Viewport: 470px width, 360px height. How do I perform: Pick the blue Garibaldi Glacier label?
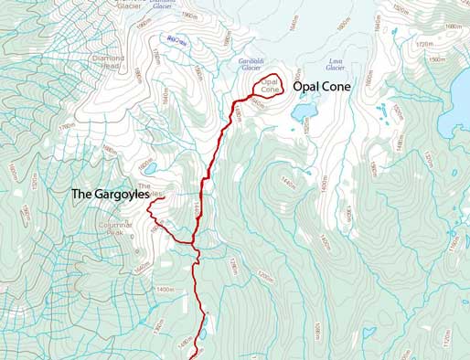pos(251,66)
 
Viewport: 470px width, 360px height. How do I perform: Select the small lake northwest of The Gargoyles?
pos(150,168)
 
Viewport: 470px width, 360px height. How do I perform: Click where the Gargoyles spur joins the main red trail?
pos(194,243)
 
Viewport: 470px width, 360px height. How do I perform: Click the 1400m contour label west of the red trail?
pos(166,290)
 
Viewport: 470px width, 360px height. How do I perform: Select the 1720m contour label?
pos(423,43)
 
